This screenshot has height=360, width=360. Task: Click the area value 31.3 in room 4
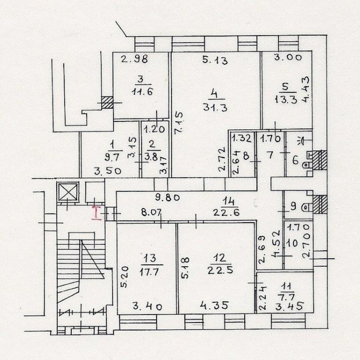(215, 107)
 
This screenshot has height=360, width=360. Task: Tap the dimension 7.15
(179, 122)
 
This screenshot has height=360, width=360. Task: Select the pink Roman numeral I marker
(96, 213)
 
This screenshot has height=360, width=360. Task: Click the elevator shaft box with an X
(68, 192)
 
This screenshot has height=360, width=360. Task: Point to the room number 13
(150, 258)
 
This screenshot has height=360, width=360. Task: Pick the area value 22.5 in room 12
(220, 270)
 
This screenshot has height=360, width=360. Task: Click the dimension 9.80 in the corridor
(167, 197)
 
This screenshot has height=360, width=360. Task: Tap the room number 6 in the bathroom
(296, 160)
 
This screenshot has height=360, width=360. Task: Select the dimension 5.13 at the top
(215, 60)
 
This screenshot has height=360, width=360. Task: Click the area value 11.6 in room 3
(142, 91)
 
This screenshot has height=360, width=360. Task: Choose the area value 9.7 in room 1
(112, 157)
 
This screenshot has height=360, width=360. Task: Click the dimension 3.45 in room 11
(290, 306)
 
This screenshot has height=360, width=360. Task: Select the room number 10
(292, 243)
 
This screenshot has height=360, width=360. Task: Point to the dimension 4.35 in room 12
(214, 306)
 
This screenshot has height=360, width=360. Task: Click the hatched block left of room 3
(107, 102)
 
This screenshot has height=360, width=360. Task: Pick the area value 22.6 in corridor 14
(226, 212)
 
